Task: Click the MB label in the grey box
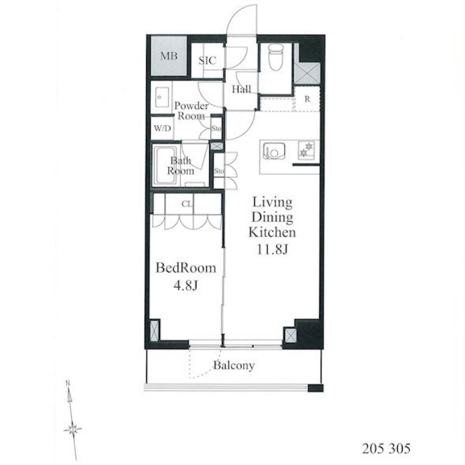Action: pyautogui.click(x=169, y=56)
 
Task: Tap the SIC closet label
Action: pyautogui.click(x=207, y=60)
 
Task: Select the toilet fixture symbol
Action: pyautogui.click(x=276, y=58)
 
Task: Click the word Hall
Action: pyautogui.click(x=241, y=89)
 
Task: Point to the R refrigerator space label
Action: pyautogui.click(x=307, y=99)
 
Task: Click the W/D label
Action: pyautogui.click(x=162, y=128)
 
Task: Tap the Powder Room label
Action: pyautogui.click(x=191, y=111)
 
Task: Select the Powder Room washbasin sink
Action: pyautogui.click(x=162, y=97)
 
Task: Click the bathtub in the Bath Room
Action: pyautogui.click(x=166, y=165)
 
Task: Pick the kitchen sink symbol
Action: pyautogui.click(x=274, y=151)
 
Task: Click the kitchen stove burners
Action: pyautogui.click(x=306, y=149)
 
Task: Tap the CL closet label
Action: pyautogui.click(x=187, y=204)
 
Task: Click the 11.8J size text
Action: pyautogui.click(x=272, y=249)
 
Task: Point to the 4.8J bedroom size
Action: pyautogui.click(x=185, y=285)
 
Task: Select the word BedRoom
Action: pyautogui.click(x=186, y=268)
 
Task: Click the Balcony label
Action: pyautogui.click(x=234, y=365)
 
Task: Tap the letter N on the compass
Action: pyautogui.click(x=68, y=383)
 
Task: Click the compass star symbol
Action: pyautogui.click(x=72, y=429)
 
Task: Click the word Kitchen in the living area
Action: pyautogui.click(x=272, y=232)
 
